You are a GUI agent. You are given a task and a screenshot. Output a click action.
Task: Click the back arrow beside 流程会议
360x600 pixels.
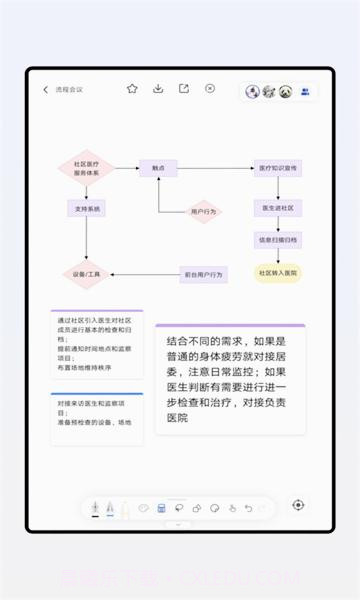pyautogui.click(x=46, y=90)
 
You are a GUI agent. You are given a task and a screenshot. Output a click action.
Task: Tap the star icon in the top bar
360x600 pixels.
pyautogui.click(x=132, y=89)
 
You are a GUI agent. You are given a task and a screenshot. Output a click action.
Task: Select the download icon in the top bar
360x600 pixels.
pyautogui.click(x=158, y=89)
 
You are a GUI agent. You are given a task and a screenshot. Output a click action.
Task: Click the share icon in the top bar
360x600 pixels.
pyautogui.click(x=184, y=89)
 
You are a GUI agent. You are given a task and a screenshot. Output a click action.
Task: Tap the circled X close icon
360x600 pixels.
pyautogui.click(x=210, y=89)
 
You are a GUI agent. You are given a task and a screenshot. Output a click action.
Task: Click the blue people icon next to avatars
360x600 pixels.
pyautogui.click(x=305, y=91)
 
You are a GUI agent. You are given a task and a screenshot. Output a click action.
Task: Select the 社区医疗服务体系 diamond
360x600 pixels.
pyautogui.click(x=86, y=168)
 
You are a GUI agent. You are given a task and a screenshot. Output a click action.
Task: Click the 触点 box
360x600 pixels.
pyautogui.click(x=158, y=168)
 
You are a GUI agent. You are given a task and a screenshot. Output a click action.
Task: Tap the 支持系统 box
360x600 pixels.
pyautogui.click(x=86, y=209)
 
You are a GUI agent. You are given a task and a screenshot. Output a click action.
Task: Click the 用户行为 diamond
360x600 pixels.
pyautogui.click(x=203, y=211)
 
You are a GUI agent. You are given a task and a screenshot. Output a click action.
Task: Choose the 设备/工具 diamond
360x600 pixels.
pyautogui.click(x=86, y=273)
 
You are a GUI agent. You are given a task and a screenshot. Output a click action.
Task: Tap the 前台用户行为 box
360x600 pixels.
pyautogui.click(x=203, y=273)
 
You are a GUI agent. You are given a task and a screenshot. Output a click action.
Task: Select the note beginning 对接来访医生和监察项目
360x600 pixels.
pyautogui.click(x=96, y=419)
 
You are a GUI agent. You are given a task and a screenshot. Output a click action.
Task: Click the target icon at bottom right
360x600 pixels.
pyautogui.click(x=298, y=506)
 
